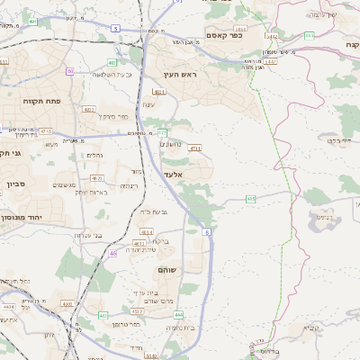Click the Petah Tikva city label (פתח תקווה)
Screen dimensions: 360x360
pyautogui.click(x=40, y=101)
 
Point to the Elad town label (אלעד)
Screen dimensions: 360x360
pyautogui.click(x=174, y=174)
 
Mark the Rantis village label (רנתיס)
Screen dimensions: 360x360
pyautogui.click(x=129, y=185)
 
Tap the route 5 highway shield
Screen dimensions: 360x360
pyautogui.click(x=115, y=29)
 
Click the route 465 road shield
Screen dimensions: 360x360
pyautogui.click(x=251, y=198)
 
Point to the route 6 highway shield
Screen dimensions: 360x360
pyautogui.click(x=207, y=232)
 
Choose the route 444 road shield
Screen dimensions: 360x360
pyautogui.click(x=179, y=314)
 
